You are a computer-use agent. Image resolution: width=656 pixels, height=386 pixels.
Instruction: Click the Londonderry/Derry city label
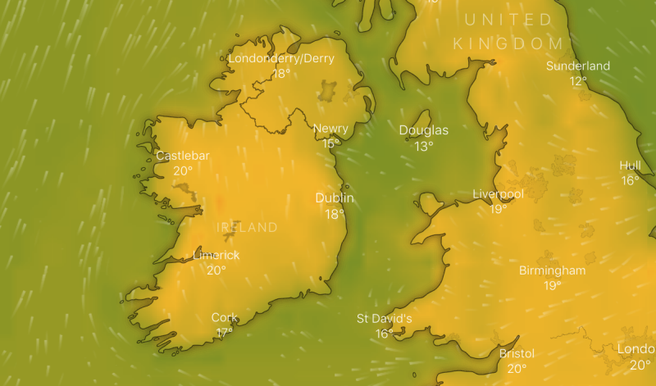point(281,59)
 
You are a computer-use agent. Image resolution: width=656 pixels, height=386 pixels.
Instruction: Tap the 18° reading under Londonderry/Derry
point(281,74)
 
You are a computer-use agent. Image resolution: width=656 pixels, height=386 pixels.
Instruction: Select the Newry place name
point(330,129)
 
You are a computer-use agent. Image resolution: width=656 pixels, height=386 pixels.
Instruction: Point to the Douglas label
point(424,130)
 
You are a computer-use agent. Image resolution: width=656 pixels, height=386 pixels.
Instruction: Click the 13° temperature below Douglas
point(423,147)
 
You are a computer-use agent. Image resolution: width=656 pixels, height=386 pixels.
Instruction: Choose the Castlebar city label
point(183,156)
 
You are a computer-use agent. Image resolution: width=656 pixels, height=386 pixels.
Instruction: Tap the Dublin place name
point(335,198)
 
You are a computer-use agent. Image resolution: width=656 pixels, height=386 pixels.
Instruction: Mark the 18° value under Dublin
point(335,214)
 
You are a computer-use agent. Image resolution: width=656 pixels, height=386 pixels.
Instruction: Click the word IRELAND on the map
point(247,227)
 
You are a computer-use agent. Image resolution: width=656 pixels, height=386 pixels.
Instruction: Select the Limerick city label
point(216,256)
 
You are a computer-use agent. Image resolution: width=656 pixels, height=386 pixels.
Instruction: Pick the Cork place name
point(225,318)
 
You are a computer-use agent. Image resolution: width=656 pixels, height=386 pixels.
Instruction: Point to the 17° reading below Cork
point(225,333)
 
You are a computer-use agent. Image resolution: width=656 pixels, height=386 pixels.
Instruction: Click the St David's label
point(384,319)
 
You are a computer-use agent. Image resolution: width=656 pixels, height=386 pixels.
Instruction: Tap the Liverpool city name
point(499,194)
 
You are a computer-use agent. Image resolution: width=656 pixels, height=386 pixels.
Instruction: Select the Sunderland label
point(578,66)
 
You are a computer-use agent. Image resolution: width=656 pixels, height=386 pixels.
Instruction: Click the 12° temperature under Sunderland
point(579,81)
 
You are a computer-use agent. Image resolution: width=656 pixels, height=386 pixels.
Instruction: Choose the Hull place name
point(631,166)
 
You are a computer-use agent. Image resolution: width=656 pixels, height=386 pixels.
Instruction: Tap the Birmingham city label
point(553,270)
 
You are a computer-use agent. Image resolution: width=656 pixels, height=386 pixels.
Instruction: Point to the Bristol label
point(517,354)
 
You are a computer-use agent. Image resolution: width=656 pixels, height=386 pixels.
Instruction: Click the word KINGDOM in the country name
point(509,43)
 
